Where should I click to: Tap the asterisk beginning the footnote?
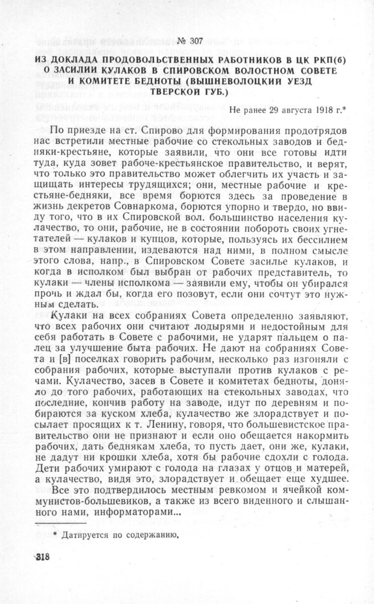point(55,534)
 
